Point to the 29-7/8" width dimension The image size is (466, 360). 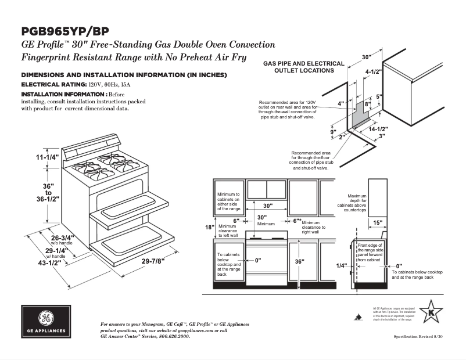[153, 260]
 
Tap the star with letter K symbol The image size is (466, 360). [431, 314]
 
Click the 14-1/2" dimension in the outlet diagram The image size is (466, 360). [378, 129]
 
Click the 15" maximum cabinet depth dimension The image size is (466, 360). [377, 222]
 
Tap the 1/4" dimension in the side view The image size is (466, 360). [341, 265]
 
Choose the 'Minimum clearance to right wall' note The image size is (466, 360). [313, 228]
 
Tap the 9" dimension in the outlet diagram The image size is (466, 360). [333, 132]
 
